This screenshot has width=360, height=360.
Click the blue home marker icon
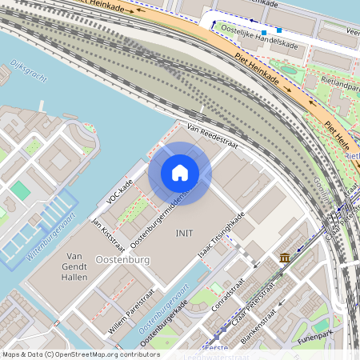tap(180, 173)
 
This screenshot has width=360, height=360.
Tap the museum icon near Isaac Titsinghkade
tap(286, 257)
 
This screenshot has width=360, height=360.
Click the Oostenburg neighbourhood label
tap(123, 261)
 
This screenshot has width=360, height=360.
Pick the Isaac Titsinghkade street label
tap(222, 237)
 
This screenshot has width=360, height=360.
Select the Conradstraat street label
tap(230, 294)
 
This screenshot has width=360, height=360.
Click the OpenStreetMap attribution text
tap(80, 354)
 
